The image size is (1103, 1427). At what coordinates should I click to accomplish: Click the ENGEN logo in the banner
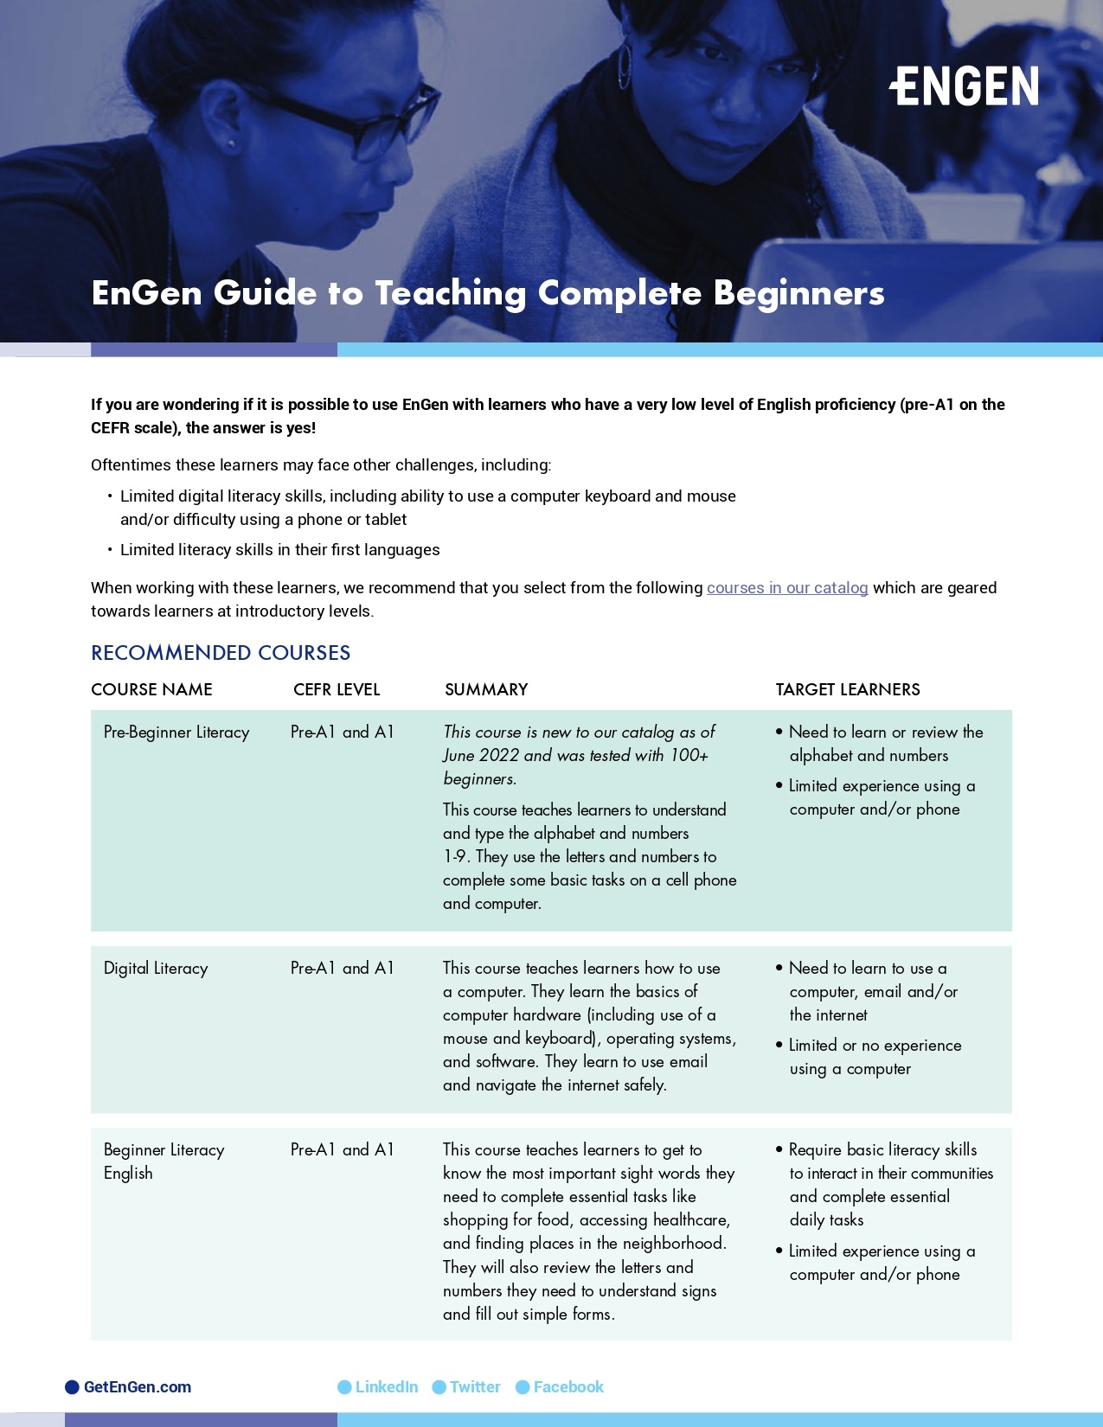pos(964,86)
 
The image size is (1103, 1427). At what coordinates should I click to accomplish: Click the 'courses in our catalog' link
pos(786,588)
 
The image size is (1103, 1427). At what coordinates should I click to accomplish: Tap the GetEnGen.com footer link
pos(137,1387)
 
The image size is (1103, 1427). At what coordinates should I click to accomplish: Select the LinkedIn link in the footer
pos(386,1387)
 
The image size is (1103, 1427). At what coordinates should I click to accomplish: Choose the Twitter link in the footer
pos(474,1387)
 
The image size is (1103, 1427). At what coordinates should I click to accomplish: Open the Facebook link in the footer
pos(568,1387)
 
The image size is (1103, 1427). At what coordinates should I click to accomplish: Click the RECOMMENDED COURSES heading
pos(221,653)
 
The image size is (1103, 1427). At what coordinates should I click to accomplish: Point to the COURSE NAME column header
pos(151,689)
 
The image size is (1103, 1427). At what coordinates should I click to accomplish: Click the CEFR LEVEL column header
pos(337,689)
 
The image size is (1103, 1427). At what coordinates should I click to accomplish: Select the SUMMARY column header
pos(485,689)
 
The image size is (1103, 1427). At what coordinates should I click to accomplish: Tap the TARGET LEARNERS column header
pos(847,689)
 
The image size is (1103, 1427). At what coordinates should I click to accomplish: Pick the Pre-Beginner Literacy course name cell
pos(176,733)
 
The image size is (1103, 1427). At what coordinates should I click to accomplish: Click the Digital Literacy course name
pos(156,969)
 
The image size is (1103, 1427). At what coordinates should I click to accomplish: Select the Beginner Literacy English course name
pos(164,1161)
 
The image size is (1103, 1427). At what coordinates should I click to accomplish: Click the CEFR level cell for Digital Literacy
pos(342,969)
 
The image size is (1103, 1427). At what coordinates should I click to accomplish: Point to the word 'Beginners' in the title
pos(798,294)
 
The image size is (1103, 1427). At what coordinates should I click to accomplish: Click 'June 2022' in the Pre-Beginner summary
pos(481,756)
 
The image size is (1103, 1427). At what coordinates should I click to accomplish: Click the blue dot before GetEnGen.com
pos(73,1387)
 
